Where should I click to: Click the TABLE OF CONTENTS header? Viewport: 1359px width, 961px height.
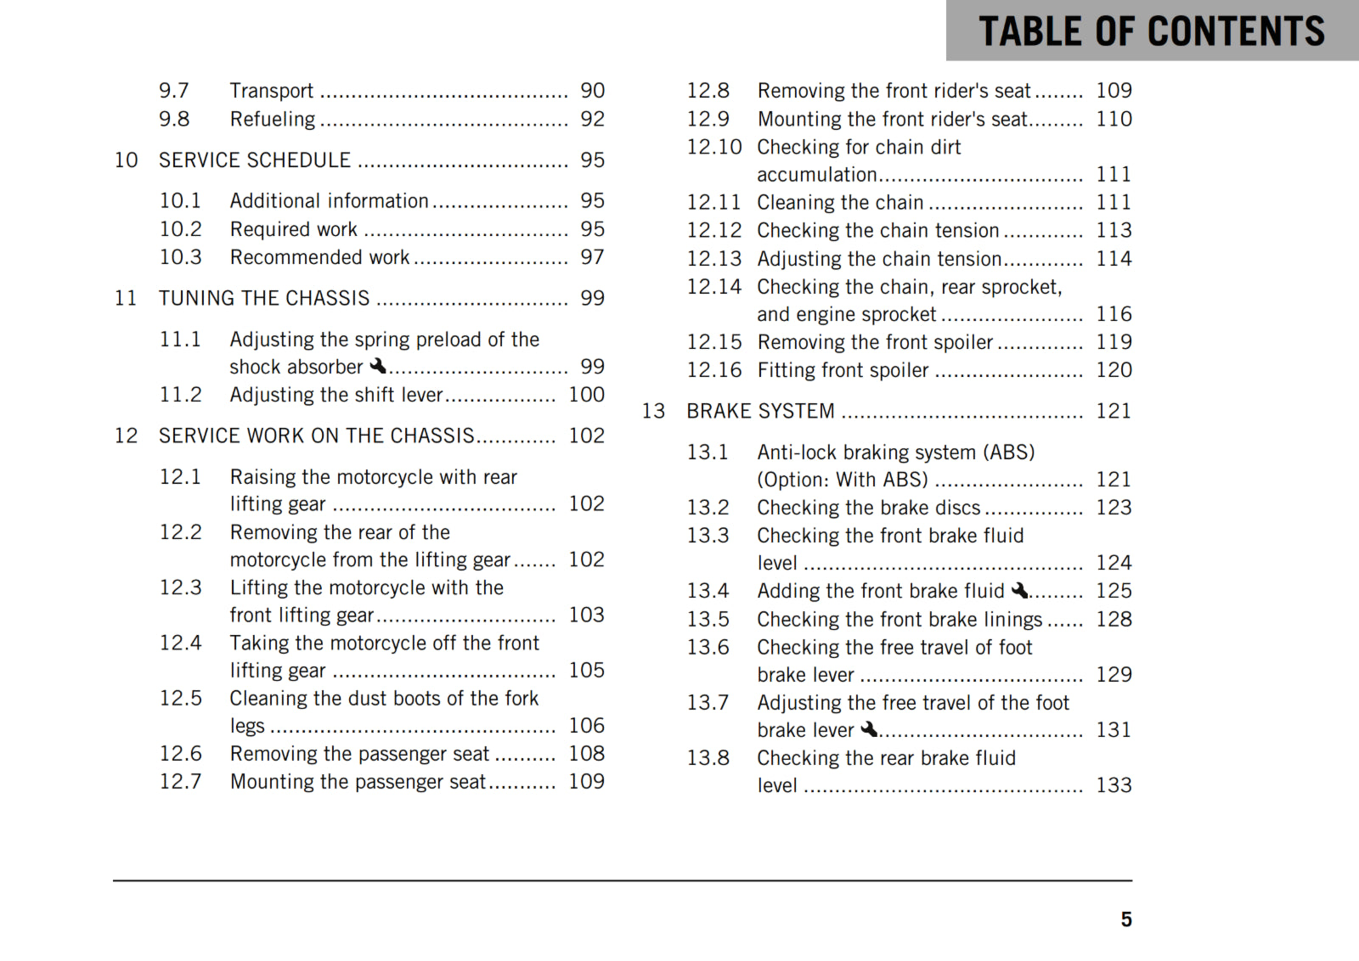(1151, 31)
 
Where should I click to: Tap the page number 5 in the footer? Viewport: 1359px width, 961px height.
(1125, 919)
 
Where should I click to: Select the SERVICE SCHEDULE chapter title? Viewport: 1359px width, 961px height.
(254, 160)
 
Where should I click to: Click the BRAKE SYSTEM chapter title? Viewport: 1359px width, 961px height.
(760, 412)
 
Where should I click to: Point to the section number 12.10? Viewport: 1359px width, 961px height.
(713, 148)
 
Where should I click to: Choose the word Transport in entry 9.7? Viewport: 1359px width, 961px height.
(271, 91)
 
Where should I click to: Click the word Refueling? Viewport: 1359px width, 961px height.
(272, 120)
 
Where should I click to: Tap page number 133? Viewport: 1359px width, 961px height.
(1113, 785)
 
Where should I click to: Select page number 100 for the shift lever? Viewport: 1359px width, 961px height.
(586, 395)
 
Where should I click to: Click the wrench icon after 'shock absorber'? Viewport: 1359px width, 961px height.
(378, 366)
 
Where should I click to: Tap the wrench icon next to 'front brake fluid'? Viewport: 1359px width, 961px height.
(1019, 590)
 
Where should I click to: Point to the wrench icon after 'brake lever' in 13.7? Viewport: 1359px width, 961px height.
(869, 729)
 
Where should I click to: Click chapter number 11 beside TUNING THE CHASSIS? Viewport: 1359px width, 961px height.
(126, 299)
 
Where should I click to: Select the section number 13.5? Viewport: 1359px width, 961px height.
(708, 620)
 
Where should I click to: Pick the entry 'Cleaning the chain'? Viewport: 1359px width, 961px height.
(839, 203)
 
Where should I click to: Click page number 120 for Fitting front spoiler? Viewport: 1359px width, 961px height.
(1113, 370)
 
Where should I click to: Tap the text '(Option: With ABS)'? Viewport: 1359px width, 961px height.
(842, 480)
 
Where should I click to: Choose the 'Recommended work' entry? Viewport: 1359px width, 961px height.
(319, 257)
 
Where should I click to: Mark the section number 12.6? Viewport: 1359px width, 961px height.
(180, 754)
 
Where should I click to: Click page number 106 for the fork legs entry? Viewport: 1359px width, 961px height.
(586, 726)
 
